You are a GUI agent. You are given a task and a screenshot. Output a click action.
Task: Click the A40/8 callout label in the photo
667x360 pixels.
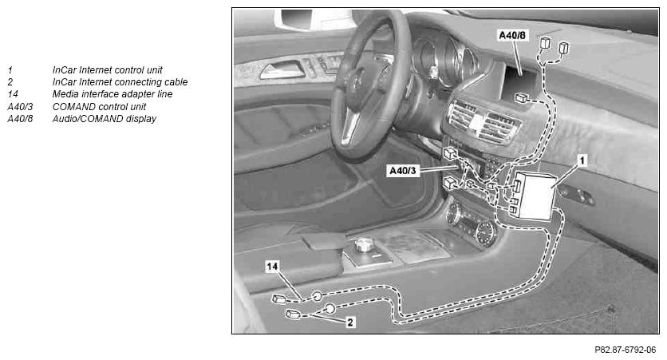(512, 35)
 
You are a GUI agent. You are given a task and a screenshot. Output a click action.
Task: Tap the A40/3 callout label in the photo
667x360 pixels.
(403, 171)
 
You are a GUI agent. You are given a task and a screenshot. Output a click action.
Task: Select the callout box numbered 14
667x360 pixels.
(272, 267)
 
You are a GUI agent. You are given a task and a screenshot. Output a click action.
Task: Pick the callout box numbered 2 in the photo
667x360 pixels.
(349, 322)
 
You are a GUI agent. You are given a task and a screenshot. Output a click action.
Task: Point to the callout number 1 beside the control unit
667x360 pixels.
(582, 160)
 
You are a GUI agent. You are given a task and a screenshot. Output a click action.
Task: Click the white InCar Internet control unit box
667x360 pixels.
(535, 196)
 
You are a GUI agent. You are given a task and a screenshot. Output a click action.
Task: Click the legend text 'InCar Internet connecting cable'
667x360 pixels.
(120, 81)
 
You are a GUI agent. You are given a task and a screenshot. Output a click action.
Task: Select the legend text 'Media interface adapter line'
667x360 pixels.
(112, 94)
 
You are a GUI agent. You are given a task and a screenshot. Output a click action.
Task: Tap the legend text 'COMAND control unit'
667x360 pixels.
(99, 106)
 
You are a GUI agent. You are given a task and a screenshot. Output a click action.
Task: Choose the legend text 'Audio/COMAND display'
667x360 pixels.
(105, 119)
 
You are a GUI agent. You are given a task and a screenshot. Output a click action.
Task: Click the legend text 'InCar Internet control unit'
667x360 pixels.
(107, 69)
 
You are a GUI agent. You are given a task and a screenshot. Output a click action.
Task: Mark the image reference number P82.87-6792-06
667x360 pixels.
(626, 350)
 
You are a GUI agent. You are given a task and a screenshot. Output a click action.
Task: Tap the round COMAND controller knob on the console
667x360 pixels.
(363, 245)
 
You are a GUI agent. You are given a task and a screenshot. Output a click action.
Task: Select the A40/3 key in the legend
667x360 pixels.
(20, 106)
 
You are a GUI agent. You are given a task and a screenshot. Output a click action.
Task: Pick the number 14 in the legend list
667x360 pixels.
(13, 94)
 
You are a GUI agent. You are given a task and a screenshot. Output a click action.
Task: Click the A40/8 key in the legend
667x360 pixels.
(20, 119)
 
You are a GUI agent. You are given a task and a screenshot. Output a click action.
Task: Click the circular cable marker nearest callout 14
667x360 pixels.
(317, 297)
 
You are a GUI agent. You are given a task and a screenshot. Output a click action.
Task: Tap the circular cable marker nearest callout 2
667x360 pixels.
(330, 309)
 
